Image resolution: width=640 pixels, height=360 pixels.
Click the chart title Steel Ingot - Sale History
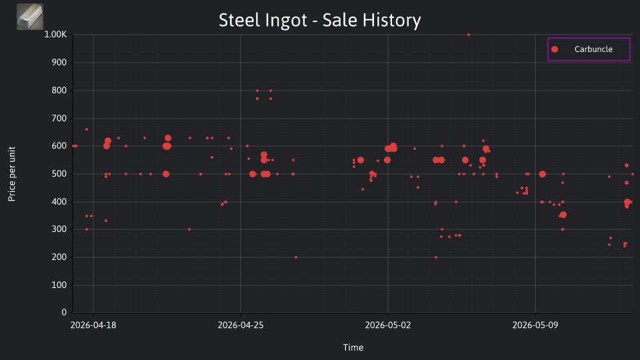(319, 20)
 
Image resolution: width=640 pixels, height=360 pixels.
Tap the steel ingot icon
(30, 17)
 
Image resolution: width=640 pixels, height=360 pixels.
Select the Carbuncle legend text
(593, 49)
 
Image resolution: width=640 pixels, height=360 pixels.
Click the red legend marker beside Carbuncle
(554, 49)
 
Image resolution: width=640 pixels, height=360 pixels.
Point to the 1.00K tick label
(55, 34)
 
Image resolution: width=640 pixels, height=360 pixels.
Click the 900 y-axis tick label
(59, 63)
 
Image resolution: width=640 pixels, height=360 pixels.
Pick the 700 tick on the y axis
(59, 119)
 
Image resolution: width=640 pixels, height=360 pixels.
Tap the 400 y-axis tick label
(59, 201)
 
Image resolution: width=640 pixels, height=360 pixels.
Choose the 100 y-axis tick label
(59, 285)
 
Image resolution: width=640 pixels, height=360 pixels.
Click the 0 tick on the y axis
(64, 312)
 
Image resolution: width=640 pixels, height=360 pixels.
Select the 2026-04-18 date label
(93, 325)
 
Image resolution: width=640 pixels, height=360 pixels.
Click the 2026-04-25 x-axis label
(241, 325)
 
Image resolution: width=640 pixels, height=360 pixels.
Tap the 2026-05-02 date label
(388, 325)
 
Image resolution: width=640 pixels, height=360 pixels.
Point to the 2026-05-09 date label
(535, 325)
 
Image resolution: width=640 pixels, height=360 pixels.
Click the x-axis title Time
(353, 347)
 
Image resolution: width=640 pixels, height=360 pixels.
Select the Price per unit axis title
(12, 174)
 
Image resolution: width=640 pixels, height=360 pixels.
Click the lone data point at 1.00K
(469, 35)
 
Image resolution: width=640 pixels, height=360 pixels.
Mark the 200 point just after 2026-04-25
(296, 257)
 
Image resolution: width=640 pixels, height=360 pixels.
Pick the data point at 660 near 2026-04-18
(87, 129)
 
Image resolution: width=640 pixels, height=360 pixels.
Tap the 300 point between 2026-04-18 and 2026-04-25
(189, 229)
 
